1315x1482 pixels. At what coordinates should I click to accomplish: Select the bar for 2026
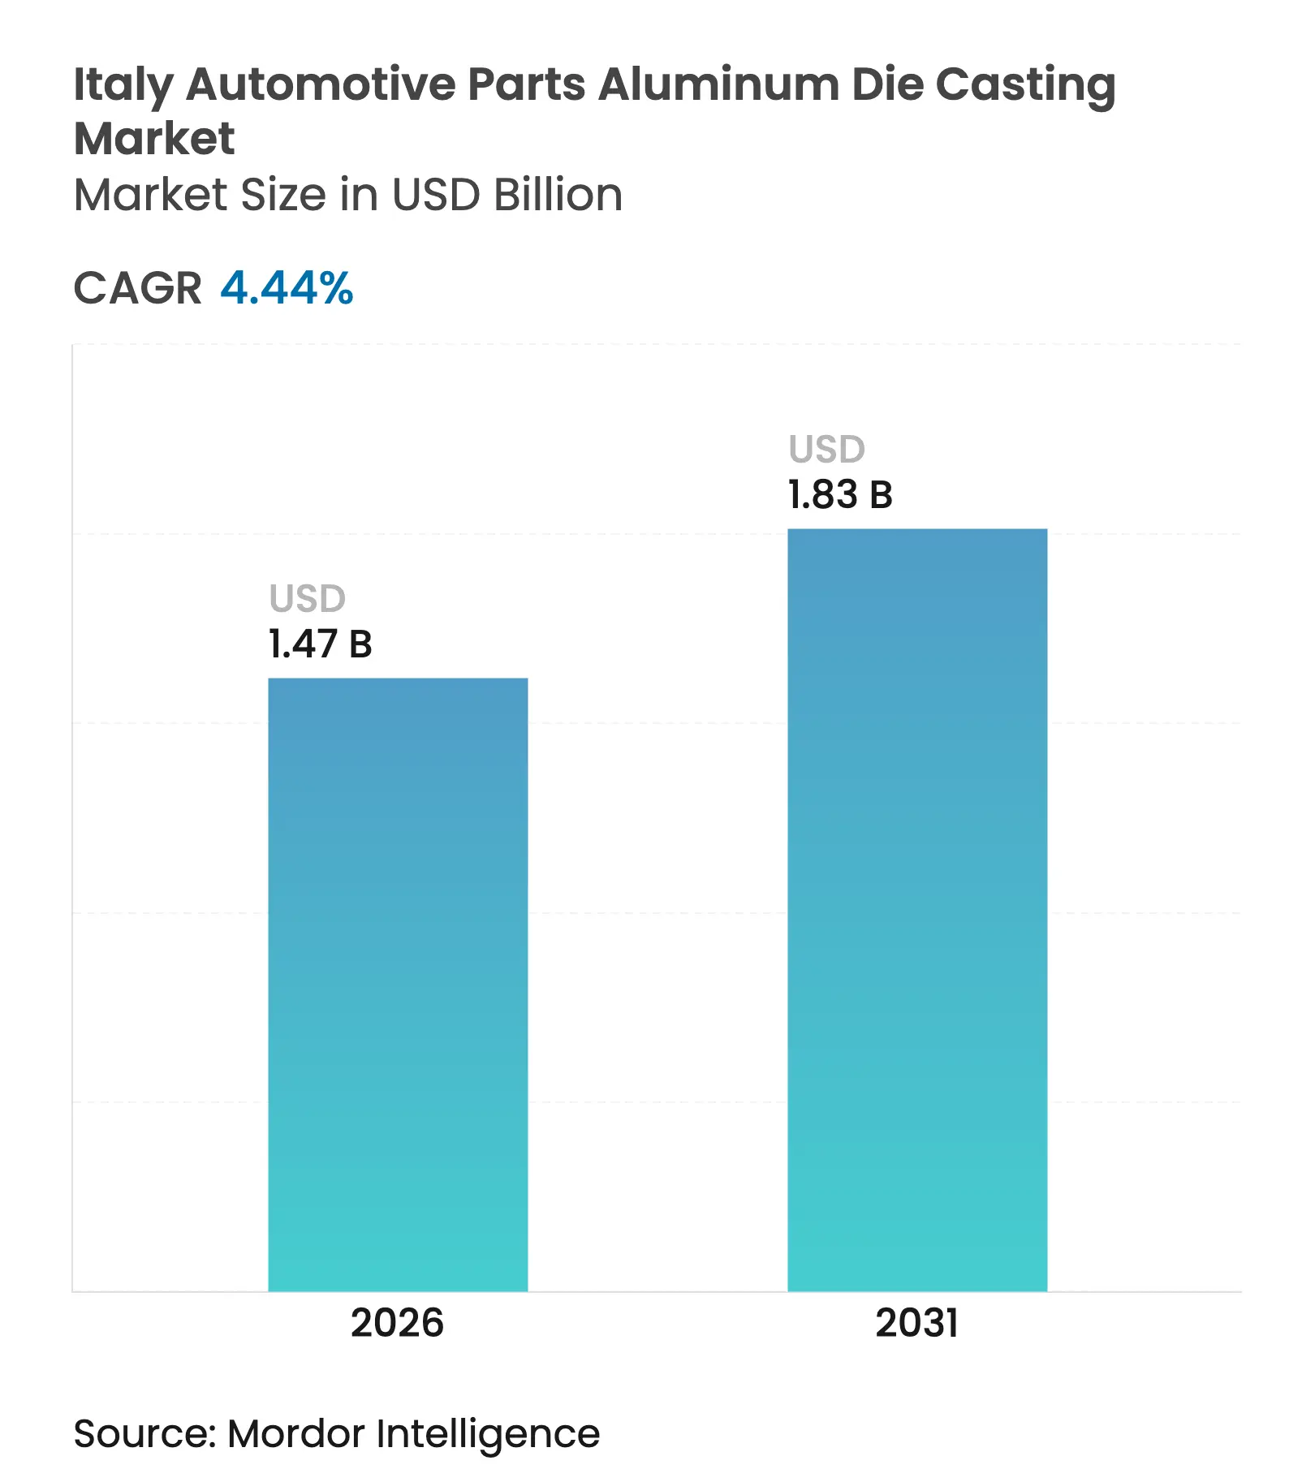(x=398, y=984)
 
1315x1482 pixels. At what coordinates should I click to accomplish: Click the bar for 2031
(x=917, y=909)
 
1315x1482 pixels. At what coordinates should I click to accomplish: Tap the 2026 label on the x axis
(x=397, y=1323)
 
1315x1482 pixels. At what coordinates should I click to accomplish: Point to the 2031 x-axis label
(x=916, y=1323)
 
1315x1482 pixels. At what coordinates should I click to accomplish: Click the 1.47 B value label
(x=320, y=644)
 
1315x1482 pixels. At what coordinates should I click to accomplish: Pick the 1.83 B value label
(x=840, y=495)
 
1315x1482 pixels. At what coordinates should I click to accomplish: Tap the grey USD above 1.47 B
(x=308, y=599)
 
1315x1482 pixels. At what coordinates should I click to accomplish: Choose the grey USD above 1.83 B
(x=827, y=450)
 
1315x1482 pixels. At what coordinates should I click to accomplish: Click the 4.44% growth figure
(x=287, y=288)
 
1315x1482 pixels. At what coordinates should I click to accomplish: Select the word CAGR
(x=137, y=288)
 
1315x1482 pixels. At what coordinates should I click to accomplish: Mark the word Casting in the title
(x=1025, y=84)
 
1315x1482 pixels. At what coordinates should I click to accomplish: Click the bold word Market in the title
(x=154, y=138)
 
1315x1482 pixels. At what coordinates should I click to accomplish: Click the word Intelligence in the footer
(x=488, y=1434)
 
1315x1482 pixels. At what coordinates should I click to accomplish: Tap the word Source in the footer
(x=143, y=1434)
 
